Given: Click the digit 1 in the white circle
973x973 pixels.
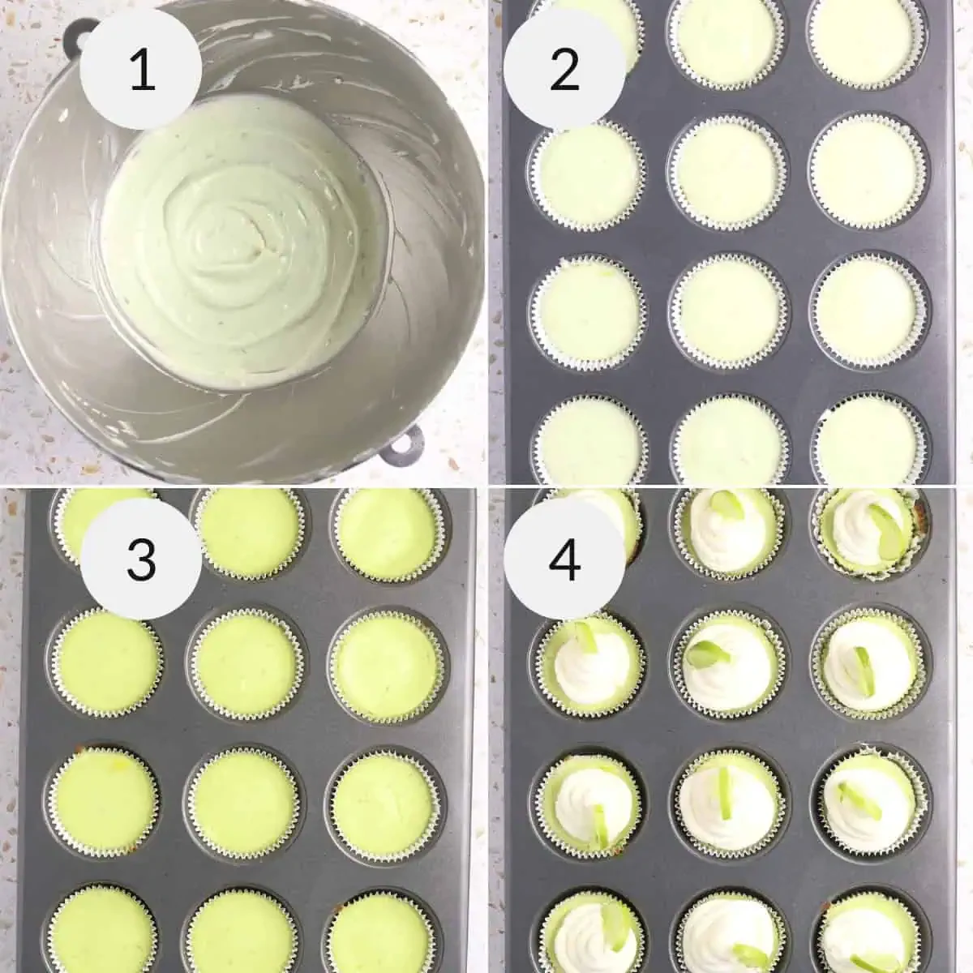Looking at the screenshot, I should [x=143, y=71].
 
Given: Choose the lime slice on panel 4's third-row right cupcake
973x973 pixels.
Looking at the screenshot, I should [x=855, y=791].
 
